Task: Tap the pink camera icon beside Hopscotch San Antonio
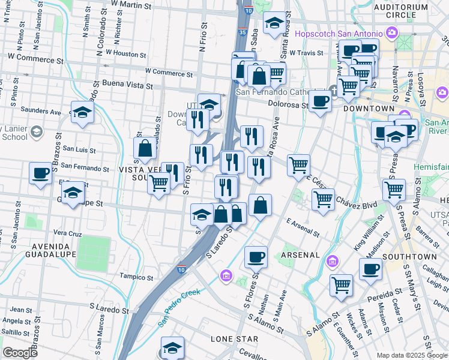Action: coord(393,32)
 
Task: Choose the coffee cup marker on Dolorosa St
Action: coord(320,101)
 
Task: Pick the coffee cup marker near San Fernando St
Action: coord(41,173)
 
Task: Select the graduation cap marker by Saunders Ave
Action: coord(82,112)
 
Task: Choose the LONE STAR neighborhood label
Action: coord(234,339)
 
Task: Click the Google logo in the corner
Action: coord(20,352)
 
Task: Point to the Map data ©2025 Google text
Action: coord(412,355)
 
